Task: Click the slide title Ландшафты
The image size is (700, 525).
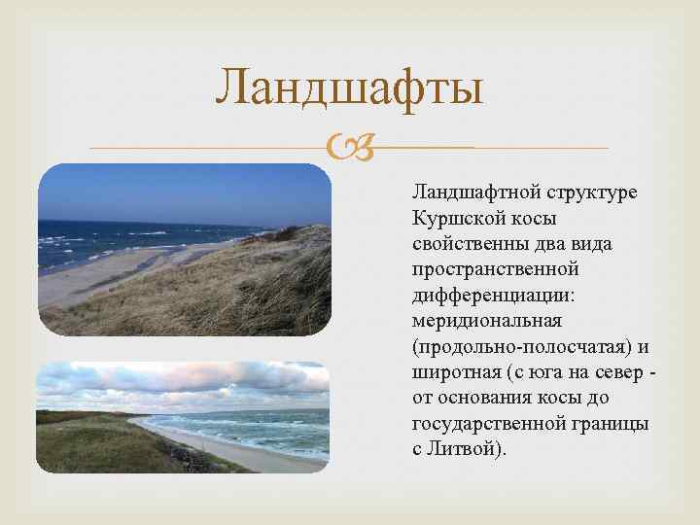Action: [349, 87]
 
